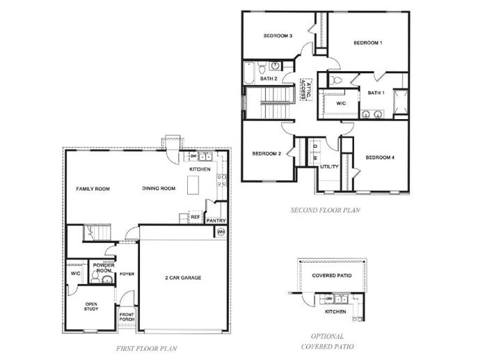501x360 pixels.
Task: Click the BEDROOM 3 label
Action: tap(277, 36)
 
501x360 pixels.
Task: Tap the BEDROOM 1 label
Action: tap(368, 42)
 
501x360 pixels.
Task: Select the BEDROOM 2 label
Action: tap(266, 153)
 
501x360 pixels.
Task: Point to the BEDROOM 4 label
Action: tap(380, 157)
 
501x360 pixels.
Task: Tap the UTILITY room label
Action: tap(329, 166)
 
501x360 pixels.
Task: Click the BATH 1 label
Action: tap(376, 93)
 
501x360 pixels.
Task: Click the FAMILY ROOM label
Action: tap(93, 188)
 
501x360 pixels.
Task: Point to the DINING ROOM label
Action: tap(159, 188)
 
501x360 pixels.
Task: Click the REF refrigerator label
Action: tap(196, 217)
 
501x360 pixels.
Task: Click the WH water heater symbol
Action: tap(221, 232)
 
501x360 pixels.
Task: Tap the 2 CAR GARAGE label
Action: tap(183, 278)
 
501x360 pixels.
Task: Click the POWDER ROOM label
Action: tap(104, 267)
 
